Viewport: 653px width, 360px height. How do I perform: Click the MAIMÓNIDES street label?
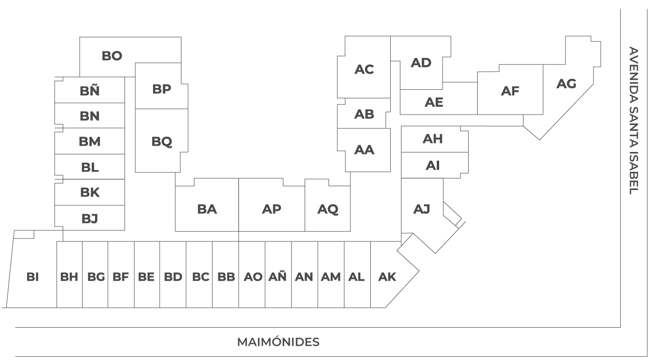pyautogui.click(x=278, y=342)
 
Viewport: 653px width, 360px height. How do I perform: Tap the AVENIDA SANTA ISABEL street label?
pyautogui.click(x=634, y=120)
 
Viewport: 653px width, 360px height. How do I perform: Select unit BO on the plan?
pyautogui.click(x=112, y=56)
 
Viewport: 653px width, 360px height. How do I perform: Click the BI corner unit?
pyautogui.click(x=33, y=277)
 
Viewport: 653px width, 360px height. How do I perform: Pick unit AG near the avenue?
pyautogui.click(x=566, y=84)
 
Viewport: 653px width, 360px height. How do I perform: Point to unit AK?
pyautogui.click(x=387, y=277)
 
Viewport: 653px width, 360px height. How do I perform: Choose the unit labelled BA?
pyautogui.click(x=207, y=209)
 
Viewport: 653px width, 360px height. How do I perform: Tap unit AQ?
pyautogui.click(x=328, y=209)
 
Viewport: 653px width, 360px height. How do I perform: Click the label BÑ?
pyautogui.click(x=90, y=91)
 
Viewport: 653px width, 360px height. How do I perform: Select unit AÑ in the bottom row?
pyautogui.click(x=278, y=277)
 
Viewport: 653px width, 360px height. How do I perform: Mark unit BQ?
pyautogui.click(x=162, y=142)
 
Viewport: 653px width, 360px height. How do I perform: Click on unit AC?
pyautogui.click(x=364, y=69)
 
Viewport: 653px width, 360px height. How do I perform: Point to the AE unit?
pyautogui.click(x=434, y=102)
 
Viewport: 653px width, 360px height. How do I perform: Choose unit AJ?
pyautogui.click(x=422, y=209)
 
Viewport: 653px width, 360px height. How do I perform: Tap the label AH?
pyautogui.click(x=432, y=139)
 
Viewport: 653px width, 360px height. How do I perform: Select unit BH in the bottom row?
pyautogui.click(x=69, y=277)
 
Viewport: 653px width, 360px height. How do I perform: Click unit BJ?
pyautogui.click(x=90, y=218)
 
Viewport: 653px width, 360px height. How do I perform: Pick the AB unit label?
pyautogui.click(x=364, y=114)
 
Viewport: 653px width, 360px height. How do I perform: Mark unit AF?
pyautogui.click(x=510, y=91)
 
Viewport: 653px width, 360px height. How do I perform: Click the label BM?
pyautogui.click(x=90, y=142)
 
